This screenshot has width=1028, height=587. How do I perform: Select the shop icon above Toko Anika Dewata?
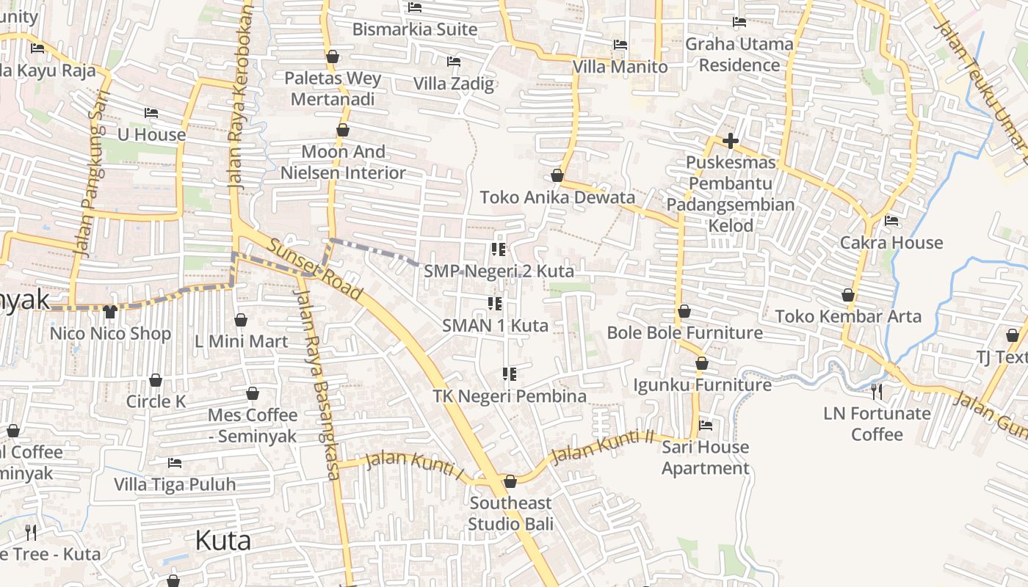coord(557,176)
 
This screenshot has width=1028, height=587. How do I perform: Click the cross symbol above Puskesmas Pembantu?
coord(730,140)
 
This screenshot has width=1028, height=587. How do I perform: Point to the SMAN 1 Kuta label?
coord(495,325)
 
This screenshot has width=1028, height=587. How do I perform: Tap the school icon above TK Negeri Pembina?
coord(509,374)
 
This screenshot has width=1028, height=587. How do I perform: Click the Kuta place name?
coord(222,541)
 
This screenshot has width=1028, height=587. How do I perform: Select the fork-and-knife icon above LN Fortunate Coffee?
coord(876,391)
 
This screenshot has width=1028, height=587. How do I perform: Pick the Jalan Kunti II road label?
coord(601,448)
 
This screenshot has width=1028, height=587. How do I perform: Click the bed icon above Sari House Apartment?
coord(706,425)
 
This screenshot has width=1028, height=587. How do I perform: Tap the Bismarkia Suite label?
coord(415,29)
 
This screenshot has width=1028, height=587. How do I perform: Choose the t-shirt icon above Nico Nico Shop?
coord(110,312)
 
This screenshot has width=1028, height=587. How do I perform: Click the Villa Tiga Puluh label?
coord(175,484)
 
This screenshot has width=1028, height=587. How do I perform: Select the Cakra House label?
coord(891,242)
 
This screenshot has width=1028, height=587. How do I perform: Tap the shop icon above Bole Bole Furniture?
coord(684,311)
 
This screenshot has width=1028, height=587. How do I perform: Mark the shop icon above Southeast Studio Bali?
coord(510,481)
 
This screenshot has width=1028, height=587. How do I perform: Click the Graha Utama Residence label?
coord(739,54)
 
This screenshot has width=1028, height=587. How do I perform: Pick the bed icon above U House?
coord(151,113)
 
